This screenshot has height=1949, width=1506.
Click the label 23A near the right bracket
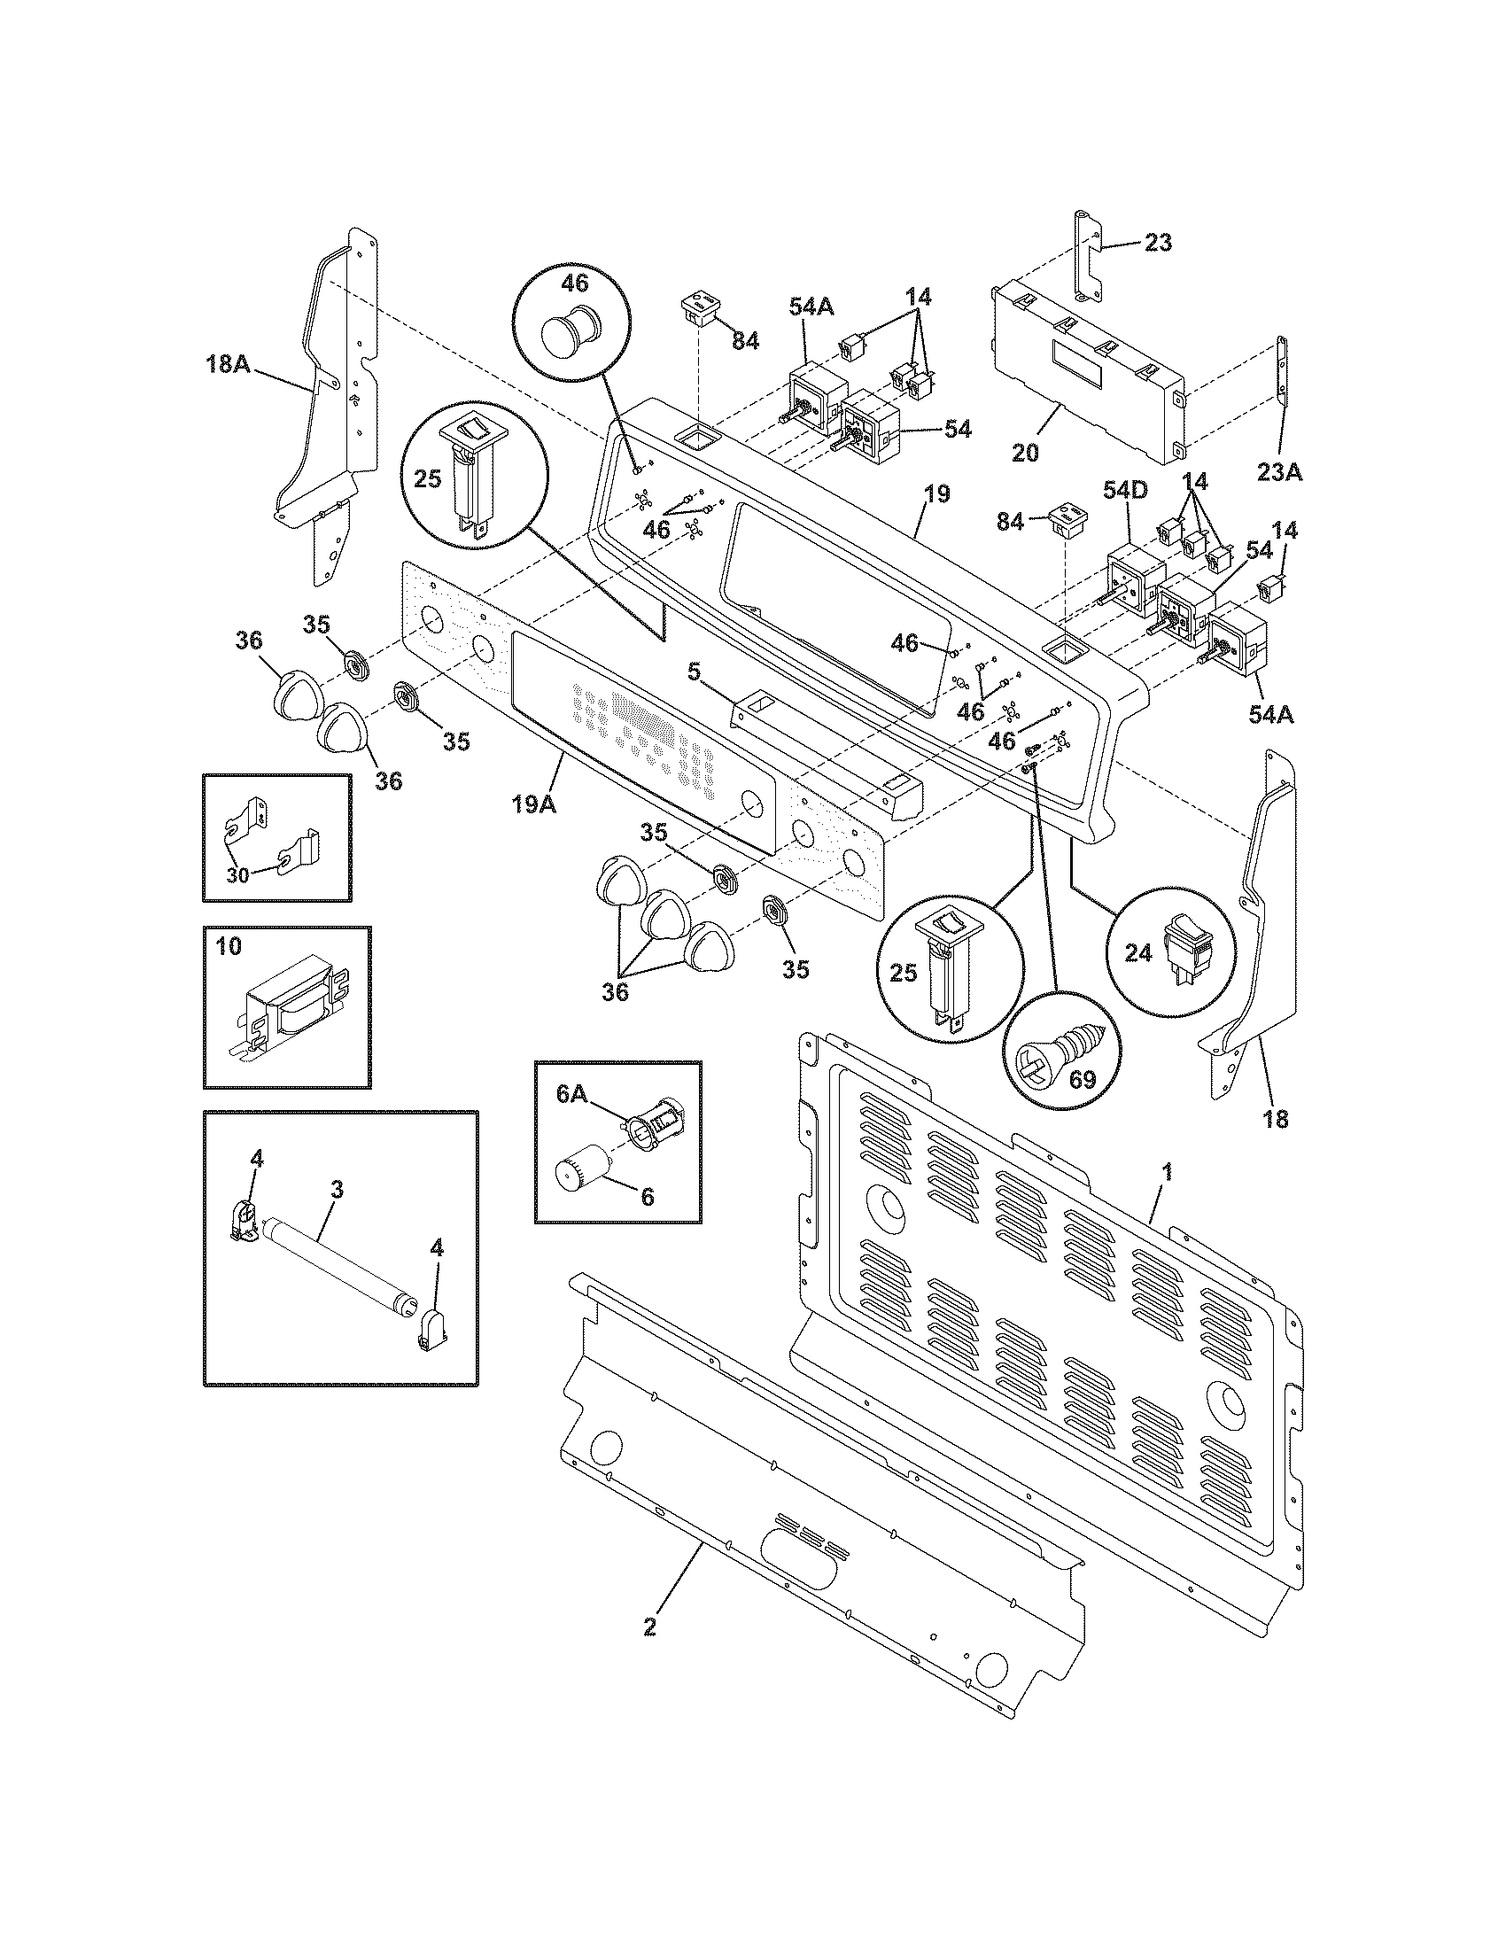pyautogui.click(x=1279, y=472)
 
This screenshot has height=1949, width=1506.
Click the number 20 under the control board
pyautogui.click(x=1026, y=453)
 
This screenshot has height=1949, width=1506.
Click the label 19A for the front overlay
pyautogui.click(x=533, y=804)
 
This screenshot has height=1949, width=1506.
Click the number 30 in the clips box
pyautogui.click(x=237, y=875)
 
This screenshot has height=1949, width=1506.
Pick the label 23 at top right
pyautogui.click(x=1157, y=242)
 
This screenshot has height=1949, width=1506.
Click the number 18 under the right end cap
pyautogui.click(x=1276, y=1118)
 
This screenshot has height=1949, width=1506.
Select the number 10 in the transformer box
pyautogui.click(x=229, y=947)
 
